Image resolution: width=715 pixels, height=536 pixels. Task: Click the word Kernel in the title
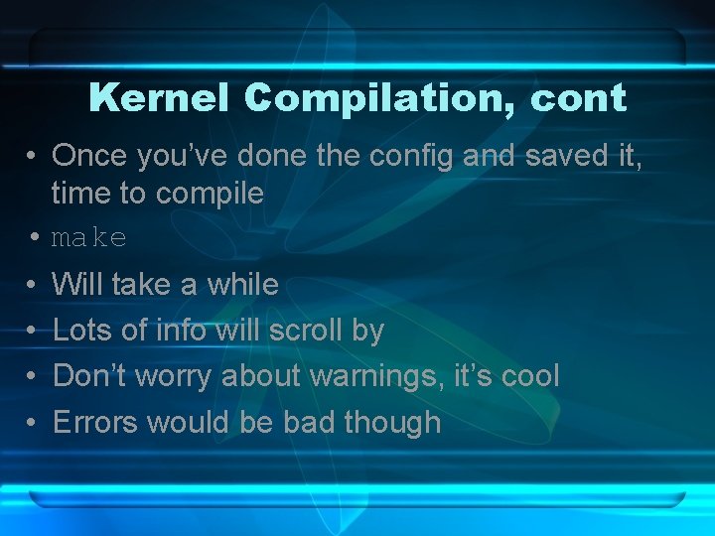tap(159, 97)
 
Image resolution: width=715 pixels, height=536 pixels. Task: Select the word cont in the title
tap(579, 97)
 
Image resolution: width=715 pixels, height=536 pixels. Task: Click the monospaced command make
tap(89, 238)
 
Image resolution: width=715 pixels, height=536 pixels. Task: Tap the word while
tap(242, 285)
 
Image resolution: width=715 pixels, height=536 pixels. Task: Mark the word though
tap(391, 423)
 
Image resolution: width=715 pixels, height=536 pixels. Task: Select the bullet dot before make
tap(34, 238)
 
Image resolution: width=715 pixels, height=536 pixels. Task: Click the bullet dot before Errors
tap(34, 424)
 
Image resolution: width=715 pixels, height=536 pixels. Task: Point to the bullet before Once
tap(34, 156)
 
